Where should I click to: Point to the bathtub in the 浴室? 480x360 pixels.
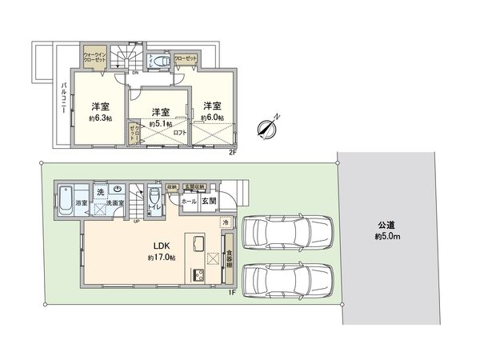coord(66,197)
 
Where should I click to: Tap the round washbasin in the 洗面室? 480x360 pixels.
coord(117,190)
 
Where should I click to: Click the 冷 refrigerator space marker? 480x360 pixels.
coord(226,222)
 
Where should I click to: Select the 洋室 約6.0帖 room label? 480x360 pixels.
coord(211,112)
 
